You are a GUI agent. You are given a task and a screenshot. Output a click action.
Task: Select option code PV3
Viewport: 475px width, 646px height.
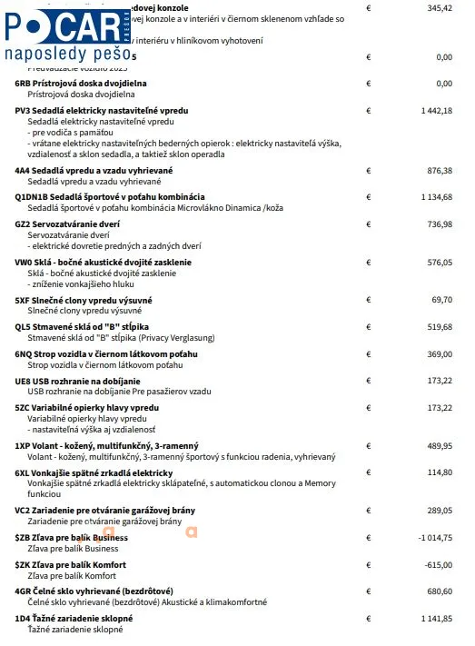[22, 111]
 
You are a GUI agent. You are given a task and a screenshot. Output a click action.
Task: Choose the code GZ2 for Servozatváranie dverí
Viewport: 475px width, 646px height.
[22, 224]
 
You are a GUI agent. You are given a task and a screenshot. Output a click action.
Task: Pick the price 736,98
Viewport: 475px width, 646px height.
[440, 224]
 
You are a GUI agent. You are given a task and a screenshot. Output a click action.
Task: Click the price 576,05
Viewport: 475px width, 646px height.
[440, 262]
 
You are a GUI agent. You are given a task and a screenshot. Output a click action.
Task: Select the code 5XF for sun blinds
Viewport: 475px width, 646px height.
[22, 300]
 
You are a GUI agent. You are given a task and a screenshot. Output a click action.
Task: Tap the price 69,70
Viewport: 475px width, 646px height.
[442, 300]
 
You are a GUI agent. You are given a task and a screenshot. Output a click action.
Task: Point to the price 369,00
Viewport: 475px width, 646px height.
[440, 354]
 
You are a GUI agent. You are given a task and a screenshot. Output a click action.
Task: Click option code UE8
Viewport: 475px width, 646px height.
[22, 381]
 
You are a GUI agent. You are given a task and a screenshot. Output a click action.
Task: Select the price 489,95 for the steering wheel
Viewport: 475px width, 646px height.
[440, 446]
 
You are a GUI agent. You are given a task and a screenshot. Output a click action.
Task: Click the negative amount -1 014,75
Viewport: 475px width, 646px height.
[434, 538]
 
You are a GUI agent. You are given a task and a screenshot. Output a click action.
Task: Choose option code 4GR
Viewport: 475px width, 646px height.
[23, 591]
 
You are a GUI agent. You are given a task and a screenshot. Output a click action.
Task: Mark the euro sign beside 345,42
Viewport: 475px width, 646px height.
[369, 7]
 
